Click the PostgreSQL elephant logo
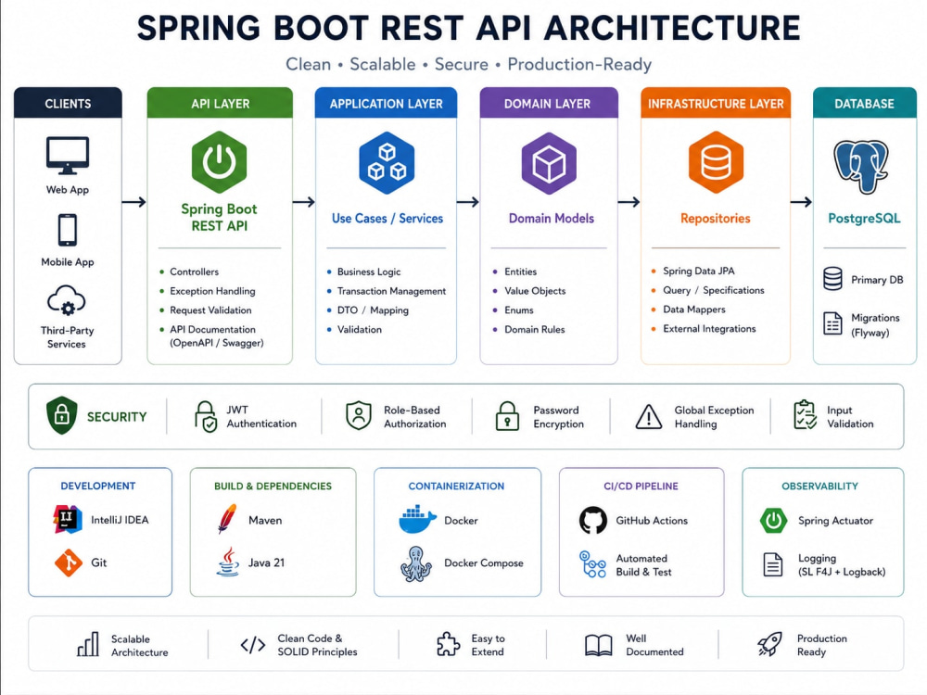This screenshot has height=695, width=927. [x=861, y=167]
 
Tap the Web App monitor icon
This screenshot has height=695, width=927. [x=68, y=156]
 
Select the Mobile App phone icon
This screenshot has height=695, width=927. [x=68, y=230]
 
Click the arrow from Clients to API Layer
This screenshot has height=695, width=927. [x=134, y=202]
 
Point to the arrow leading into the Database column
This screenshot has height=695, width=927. [x=802, y=202]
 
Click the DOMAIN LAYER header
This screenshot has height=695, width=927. [x=548, y=104]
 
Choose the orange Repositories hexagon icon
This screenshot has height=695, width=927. [x=716, y=162]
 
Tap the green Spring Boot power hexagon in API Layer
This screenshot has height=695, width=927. [x=220, y=162]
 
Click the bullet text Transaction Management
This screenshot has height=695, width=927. [x=391, y=291]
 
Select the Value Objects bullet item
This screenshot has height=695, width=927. [x=535, y=291]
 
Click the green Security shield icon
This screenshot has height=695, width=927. [x=61, y=415]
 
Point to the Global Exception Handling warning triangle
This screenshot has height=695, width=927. [x=649, y=417]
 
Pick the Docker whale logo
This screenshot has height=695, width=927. [x=417, y=520]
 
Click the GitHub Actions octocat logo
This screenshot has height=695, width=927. [x=593, y=520]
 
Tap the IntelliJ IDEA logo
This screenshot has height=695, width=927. [x=68, y=520]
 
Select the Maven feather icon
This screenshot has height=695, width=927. [x=227, y=519]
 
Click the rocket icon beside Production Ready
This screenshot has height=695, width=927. [x=769, y=644]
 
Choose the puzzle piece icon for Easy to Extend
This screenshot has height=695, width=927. [x=448, y=644]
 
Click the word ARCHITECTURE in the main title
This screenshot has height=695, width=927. [x=671, y=29]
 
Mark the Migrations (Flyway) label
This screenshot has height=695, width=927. [x=875, y=325]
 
